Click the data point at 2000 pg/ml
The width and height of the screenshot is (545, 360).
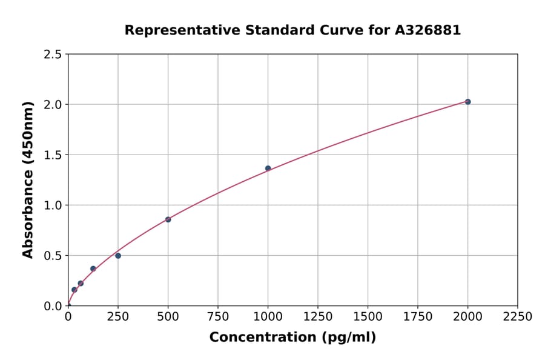[467, 102]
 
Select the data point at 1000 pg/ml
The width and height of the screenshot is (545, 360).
[268, 168]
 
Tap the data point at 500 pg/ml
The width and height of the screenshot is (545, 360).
[168, 219]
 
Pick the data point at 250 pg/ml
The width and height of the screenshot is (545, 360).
[118, 256]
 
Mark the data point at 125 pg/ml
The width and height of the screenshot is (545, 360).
[93, 268]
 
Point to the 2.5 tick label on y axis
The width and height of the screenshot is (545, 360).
[53, 55]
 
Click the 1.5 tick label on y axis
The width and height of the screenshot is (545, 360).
[53, 155]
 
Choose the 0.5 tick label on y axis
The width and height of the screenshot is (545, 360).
[53, 256]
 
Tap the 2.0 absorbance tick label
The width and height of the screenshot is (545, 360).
[53, 105]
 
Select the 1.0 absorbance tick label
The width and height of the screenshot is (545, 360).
[53, 205]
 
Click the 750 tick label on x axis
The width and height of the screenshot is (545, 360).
[218, 317]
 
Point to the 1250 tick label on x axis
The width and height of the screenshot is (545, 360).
[318, 317]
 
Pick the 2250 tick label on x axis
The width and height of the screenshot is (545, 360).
[518, 317]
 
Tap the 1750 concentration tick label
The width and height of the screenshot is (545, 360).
[418, 317]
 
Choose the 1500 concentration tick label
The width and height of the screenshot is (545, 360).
[368, 317]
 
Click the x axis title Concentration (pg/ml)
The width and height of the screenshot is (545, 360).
[292, 338]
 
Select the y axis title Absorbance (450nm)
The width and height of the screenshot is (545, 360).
[28, 180]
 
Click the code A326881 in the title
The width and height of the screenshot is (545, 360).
[428, 30]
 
